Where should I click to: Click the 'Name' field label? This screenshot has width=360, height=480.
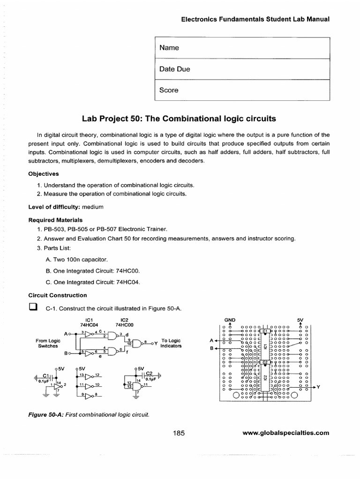169,48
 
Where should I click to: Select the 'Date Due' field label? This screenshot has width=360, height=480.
174,69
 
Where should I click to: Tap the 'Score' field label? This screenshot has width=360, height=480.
169,90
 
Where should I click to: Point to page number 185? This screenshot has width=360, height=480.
179,433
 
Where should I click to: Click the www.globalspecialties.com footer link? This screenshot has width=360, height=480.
286,433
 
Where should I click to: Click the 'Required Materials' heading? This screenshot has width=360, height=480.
55,219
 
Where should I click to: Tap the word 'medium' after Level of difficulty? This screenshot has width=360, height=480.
92,207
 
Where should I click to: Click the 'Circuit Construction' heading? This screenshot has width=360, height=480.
58,295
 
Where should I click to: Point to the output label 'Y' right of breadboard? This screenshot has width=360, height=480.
318,387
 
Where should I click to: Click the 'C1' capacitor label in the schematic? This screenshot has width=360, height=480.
46,375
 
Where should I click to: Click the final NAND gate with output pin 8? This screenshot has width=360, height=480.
139,343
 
